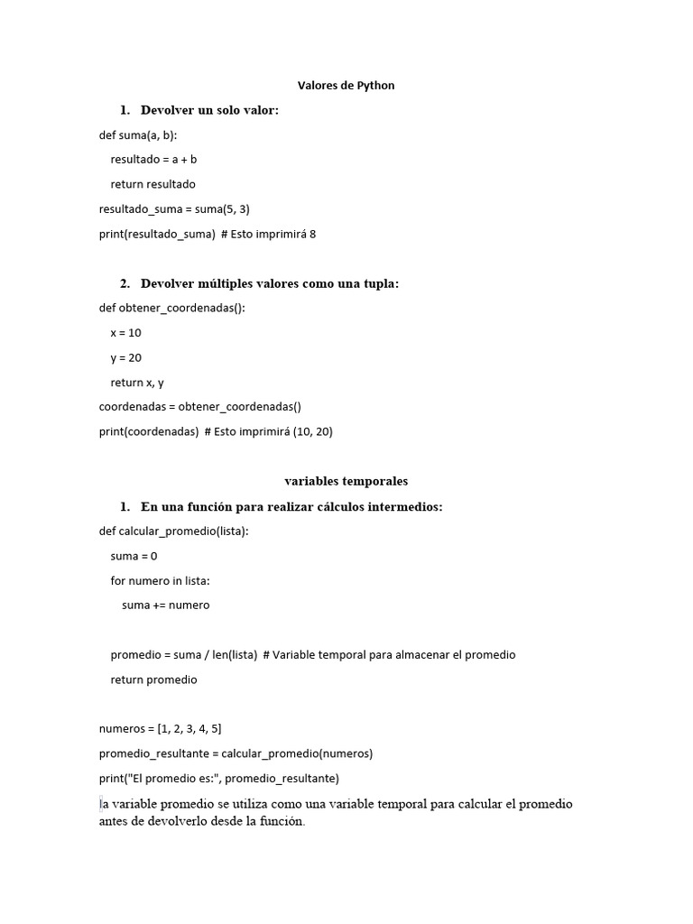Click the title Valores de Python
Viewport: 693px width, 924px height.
coord(346,86)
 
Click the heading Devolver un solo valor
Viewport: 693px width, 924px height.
coord(209,110)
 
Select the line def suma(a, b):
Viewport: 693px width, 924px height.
coord(138,134)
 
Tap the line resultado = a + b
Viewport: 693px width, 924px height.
coord(153,160)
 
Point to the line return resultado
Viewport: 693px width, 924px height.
coord(152,184)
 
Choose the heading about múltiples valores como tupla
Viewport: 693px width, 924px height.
coord(269,283)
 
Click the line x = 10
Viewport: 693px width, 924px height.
coord(125,333)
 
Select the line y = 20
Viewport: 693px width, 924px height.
coord(125,357)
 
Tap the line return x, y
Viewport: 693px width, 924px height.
coord(137,383)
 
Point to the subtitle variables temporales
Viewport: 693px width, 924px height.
coord(346,482)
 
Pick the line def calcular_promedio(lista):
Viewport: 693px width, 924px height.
coord(173,531)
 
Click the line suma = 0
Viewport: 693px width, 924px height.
coord(134,556)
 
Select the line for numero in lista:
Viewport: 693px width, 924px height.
coord(160,581)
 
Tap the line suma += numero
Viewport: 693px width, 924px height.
coord(165,605)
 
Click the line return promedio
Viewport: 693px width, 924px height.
coord(153,679)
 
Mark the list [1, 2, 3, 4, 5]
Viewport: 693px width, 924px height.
coord(189,729)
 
